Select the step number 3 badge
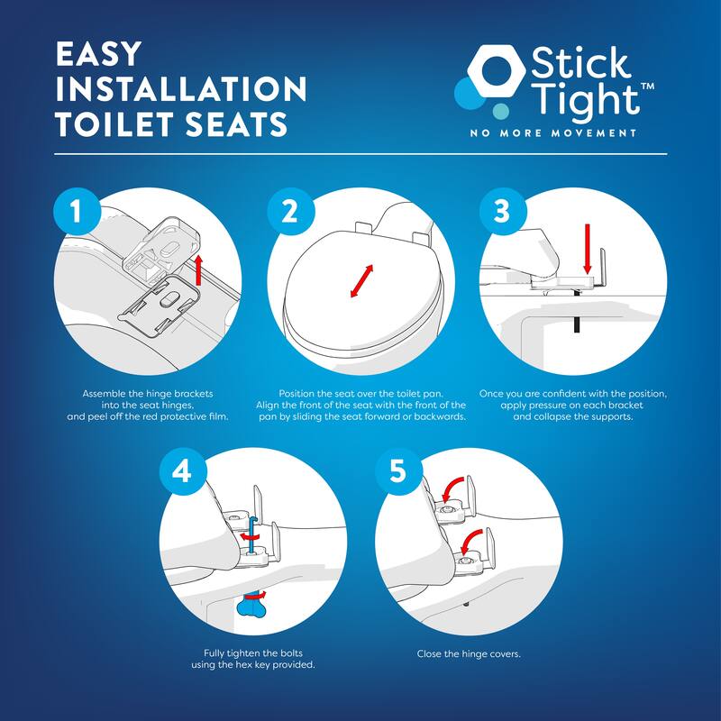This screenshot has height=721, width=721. point(501,213)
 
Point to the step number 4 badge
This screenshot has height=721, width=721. point(181,473)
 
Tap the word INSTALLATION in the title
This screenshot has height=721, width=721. point(180,89)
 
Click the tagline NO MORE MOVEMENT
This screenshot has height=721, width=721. point(552,132)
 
